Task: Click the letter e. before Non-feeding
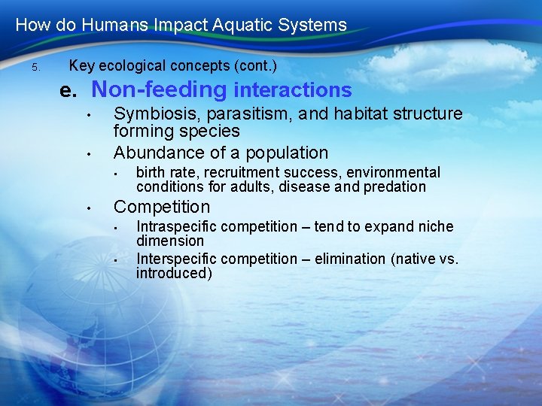click(69, 91)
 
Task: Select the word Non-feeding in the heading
click(159, 90)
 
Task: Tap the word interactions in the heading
click(293, 91)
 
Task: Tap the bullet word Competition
click(162, 207)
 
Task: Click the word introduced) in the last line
click(174, 273)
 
